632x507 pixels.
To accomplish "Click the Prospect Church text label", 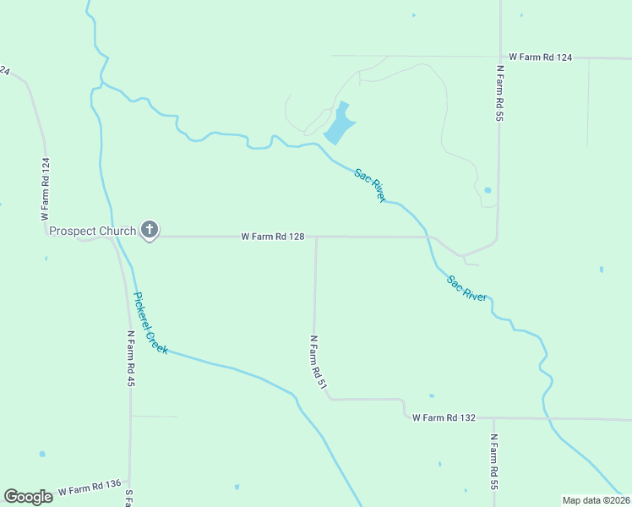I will (x=93, y=231).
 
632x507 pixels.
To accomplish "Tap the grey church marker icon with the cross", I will (x=150, y=229).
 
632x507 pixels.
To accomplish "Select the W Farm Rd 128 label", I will (x=272, y=237).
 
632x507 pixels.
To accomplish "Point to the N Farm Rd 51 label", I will (x=317, y=362).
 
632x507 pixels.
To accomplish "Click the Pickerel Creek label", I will (x=150, y=323).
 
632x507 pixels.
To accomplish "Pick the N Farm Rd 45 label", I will (x=131, y=358).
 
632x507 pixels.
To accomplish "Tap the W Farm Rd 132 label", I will (x=444, y=417).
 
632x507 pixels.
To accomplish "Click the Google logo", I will (x=28, y=497).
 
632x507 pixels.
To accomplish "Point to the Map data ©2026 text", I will (x=596, y=499).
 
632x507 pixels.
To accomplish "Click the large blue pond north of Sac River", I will (x=340, y=124).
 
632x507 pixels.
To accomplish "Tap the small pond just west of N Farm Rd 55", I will (x=487, y=190).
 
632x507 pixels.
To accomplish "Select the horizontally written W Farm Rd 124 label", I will (x=541, y=57).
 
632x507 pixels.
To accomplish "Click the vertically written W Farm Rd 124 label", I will (x=46, y=189).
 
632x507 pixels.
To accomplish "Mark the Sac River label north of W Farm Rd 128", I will (x=370, y=185).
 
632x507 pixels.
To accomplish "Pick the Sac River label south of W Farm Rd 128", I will (x=466, y=288).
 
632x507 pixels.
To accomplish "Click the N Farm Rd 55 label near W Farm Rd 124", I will (x=500, y=94).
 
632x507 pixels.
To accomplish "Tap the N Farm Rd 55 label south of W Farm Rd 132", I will (x=493, y=462).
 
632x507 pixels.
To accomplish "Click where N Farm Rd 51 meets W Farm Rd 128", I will (x=316, y=237).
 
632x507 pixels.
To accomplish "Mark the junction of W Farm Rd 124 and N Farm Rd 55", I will (x=500, y=57).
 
